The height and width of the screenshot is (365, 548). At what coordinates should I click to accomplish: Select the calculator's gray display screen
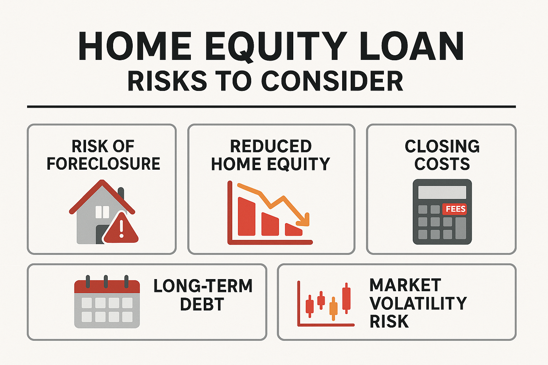442,192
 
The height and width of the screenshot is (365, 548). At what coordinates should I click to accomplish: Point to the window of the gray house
102,212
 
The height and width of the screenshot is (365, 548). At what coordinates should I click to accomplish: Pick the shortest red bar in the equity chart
293,230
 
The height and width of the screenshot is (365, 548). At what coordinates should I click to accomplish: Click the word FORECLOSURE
103,164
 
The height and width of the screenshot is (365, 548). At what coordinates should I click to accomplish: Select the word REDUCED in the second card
271,146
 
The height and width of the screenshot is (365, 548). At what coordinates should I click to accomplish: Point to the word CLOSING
442,146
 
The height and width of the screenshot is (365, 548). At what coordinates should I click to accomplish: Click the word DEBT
202,304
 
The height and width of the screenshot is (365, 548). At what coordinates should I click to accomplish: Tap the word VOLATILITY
418,303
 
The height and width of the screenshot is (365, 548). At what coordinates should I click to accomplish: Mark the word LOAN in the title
412,47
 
